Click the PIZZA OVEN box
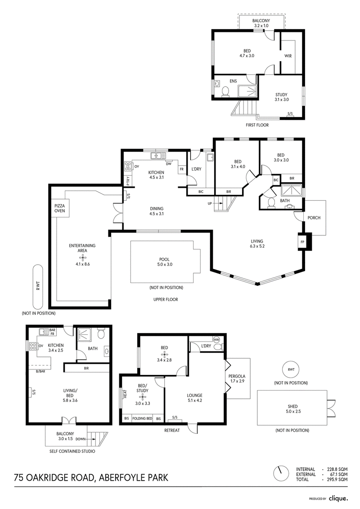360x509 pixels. pos(60,208)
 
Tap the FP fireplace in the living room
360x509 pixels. pos(302,242)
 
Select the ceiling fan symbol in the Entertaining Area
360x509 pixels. pos(83,258)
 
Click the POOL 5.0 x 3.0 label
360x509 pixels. pos(164,262)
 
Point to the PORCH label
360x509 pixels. pos(314,217)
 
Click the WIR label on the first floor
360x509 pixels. pos(288,56)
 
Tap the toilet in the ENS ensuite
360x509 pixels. pos(225,93)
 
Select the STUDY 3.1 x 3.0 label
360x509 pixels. pos(281,97)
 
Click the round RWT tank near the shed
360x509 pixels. pos(291,369)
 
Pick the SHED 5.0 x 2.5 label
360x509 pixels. pos(292,409)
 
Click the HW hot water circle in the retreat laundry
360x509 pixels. pos(217,339)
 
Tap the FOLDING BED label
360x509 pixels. pos(142,419)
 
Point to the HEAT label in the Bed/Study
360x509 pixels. pos(125,394)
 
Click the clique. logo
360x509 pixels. pos(338,498)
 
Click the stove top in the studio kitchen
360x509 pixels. pos(32,347)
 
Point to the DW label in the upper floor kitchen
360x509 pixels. pos(168,164)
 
